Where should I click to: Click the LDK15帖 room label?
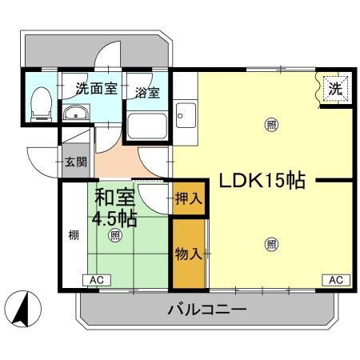point(257,181)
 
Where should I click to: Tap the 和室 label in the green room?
point(114,197)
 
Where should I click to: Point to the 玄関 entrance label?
point(76,162)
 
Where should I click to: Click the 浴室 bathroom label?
point(146,92)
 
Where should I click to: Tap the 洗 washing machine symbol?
point(335,90)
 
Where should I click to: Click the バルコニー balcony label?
point(206,310)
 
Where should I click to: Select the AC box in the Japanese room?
point(96,280)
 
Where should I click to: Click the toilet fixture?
point(39,104)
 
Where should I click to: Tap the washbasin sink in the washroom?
point(77,114)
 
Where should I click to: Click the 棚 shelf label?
point(73,234)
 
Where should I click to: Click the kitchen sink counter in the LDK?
point(186,117)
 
